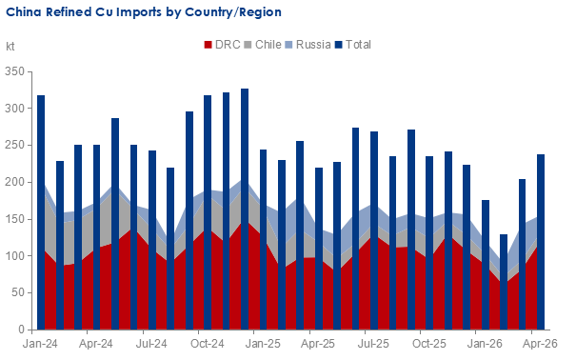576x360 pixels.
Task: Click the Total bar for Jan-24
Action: pos(41,212)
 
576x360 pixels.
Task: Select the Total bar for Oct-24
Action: pos(208,212)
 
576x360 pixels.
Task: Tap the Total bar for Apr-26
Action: pos(541,242)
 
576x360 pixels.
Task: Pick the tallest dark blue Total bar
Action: pos(245,209)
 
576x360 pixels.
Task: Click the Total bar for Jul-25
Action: pos(374,230)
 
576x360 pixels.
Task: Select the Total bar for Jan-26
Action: pos(486,265)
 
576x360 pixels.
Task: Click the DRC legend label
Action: pos(228,45)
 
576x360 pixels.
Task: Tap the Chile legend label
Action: pos(268,45)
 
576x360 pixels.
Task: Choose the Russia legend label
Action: pos(313,45)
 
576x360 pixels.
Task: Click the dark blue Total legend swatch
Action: pos(339,45)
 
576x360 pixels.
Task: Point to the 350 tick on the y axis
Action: pos(14,71)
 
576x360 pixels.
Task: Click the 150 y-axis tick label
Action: pos(14,219)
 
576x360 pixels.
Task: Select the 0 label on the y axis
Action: pos(21,330)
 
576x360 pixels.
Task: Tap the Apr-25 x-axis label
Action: pos(318,344)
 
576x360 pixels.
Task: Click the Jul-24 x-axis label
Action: pos(151,344)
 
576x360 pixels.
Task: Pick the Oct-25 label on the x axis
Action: pos(429,344)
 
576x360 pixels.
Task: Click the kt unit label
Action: pos(10,47)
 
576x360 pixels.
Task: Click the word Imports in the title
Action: pos(139,12)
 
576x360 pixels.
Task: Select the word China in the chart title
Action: pos(24,12)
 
